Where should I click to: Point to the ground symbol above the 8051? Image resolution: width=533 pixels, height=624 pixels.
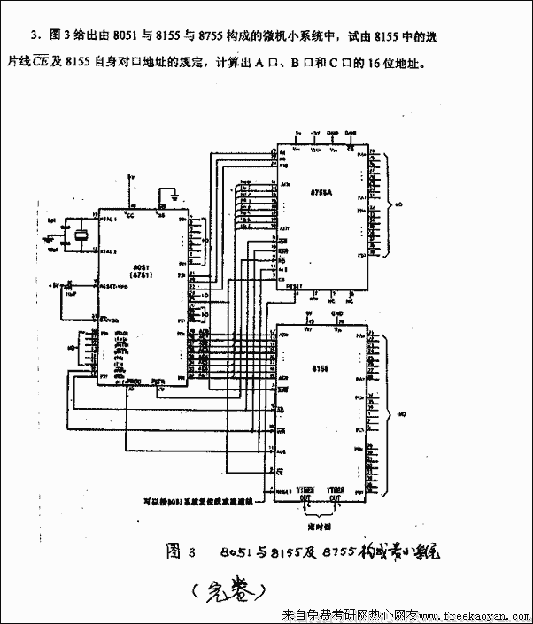175,193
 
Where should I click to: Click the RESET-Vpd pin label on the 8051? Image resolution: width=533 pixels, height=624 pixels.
115,287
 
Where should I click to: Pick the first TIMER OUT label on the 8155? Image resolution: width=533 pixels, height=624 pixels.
305,491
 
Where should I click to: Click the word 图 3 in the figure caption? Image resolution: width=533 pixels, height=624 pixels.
179,551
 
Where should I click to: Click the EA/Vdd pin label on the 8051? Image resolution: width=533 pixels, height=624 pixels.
111,319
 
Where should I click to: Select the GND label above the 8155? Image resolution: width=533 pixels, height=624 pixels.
336,313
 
